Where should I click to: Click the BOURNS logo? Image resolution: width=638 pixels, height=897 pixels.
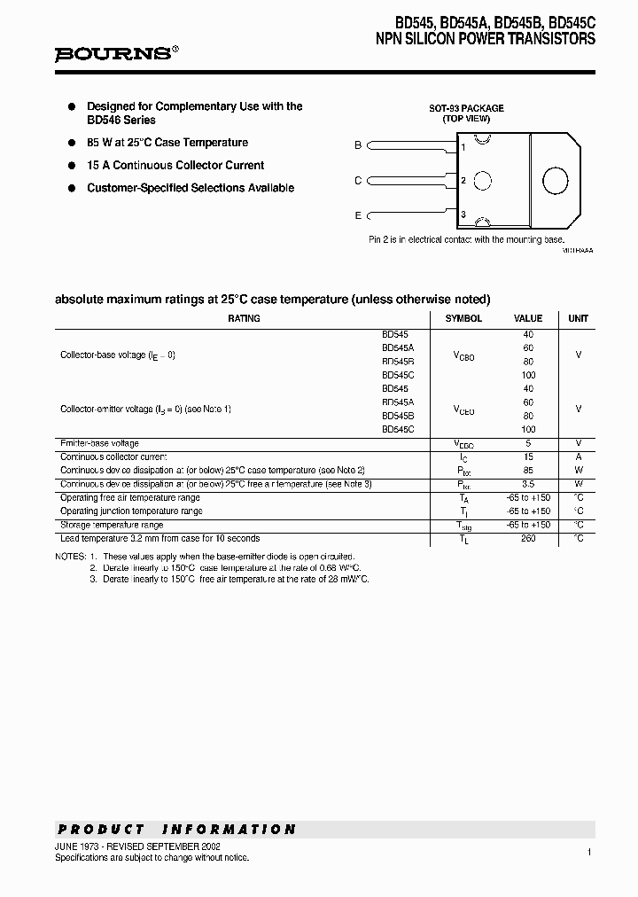(x=116, y=54)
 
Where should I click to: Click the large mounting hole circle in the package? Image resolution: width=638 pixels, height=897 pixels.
(x=555, y=180)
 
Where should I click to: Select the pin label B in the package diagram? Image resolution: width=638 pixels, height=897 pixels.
(x=358, y=145)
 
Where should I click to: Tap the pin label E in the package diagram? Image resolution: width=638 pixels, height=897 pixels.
(x=358, y=215)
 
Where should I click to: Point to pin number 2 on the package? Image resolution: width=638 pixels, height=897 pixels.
(x=463, y=181)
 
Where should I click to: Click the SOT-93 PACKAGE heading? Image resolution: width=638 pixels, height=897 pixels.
(x=466, y=108)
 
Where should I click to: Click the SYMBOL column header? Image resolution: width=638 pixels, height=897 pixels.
(x=463, y=318)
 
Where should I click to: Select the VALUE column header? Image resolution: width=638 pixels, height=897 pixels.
(x=528, y=318)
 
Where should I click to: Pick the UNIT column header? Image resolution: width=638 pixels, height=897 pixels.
(x=578, y=318)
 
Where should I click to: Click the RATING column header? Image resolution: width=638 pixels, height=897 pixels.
(x=244, y=318)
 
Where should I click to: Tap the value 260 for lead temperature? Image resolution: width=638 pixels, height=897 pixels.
(x=528, y=538)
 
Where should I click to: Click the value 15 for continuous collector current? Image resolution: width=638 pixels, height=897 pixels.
(x=528, y=456)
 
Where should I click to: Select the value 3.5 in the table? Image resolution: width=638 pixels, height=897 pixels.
(x=528, y=484)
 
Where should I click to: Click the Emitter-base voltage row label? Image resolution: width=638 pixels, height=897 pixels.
(x=99, y=443)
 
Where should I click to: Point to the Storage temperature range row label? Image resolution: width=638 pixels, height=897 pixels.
(x=112, y=525)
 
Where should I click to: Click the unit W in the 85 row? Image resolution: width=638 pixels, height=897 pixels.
(x=578, y=470)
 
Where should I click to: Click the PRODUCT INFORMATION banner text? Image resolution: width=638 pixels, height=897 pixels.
(x=176, y=830)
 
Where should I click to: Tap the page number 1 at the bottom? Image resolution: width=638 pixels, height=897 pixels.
(x=588, y=851)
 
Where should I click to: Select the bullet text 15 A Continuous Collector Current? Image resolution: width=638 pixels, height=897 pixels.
(x=175, y=165)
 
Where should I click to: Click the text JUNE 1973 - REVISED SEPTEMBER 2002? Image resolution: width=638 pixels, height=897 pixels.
(x=137, y=847)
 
